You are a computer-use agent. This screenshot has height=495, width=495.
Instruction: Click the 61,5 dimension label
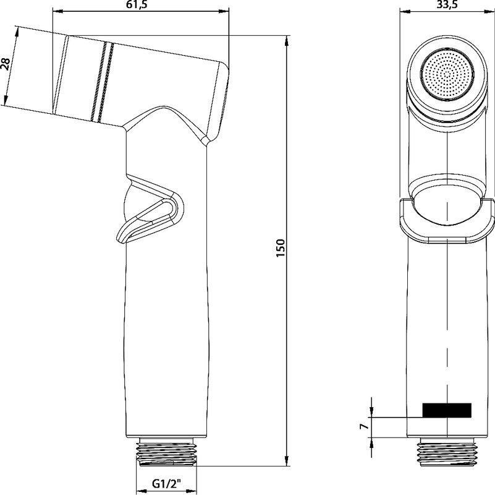point(138,5)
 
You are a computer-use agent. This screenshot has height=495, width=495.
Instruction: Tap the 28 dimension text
point(6,64)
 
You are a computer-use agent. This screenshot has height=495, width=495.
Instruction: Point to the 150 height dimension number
point(281,248)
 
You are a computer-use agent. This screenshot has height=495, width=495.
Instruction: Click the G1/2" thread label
point(166,483)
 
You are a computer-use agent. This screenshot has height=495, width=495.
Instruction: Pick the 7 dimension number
point(365,426)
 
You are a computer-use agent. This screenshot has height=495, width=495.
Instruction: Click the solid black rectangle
point(447,410)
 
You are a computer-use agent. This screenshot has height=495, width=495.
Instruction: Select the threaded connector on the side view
point(166,452)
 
